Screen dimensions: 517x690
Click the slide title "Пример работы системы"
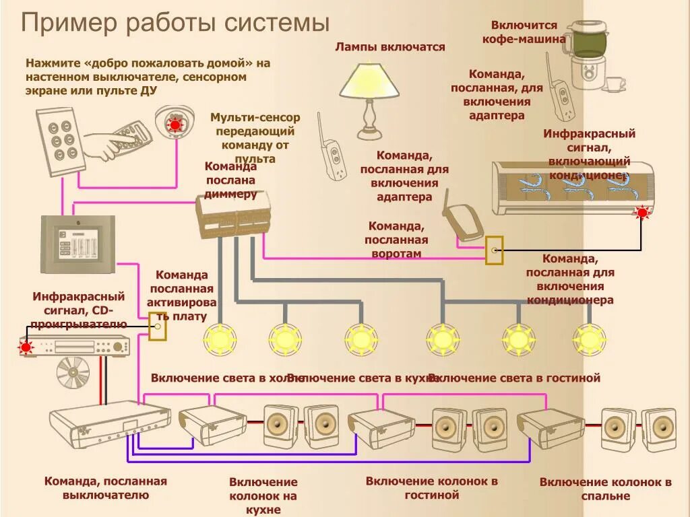coord(175,23)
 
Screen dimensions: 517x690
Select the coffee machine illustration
coord(586,54)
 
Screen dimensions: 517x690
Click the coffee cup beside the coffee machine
coord(614,84)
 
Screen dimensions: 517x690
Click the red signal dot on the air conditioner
coord(641,213)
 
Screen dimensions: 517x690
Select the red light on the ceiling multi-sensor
coord(175,125)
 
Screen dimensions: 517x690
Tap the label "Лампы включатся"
coord(390,46)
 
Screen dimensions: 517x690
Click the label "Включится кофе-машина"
coord(524,32)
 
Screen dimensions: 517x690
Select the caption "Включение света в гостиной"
coord(513,378)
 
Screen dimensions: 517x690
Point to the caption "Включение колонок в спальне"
coord(605,489)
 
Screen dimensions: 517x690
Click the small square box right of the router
coord(494,250)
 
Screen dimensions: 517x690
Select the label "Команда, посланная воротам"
coord(396,240)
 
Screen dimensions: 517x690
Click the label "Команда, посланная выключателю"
coord(105,488)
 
